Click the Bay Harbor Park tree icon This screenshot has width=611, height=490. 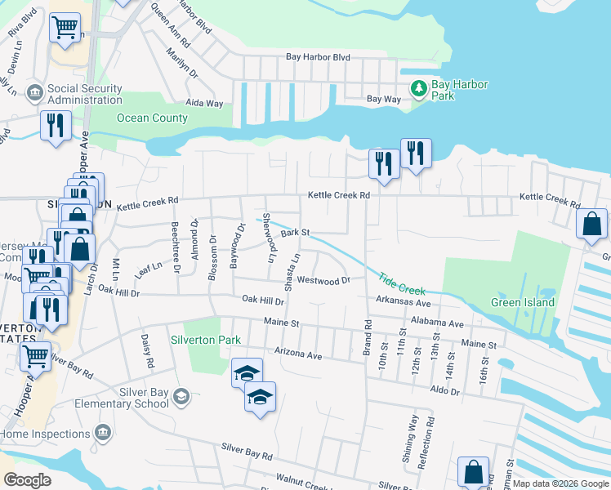pyautogui.click(x=419, y=87)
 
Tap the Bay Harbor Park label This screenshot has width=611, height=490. pyautogui.click(x=453, y=90)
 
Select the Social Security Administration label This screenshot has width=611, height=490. pyautogui.click(x=85, y=94)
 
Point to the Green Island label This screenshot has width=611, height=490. pyautogui.click(x=522, y=302)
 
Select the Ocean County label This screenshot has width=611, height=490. pyautogui.click(x=152, y=118)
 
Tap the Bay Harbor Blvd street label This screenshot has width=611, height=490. pyautogui.click(x=318, y=57)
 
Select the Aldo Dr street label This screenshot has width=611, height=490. pyautogui.click(x=444, y=392)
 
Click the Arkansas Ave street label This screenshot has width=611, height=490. pyautogui.click(x=403, y=301)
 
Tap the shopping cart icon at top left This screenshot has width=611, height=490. pyautogui.click(x=65, y=27)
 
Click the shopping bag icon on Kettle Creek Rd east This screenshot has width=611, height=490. pyautogui.click(x=591, y=224)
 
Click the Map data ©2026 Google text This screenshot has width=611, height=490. pyautogui.click(x=560, y=483)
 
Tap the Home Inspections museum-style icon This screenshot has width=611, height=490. pyautogui.click(x=103, y=432)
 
